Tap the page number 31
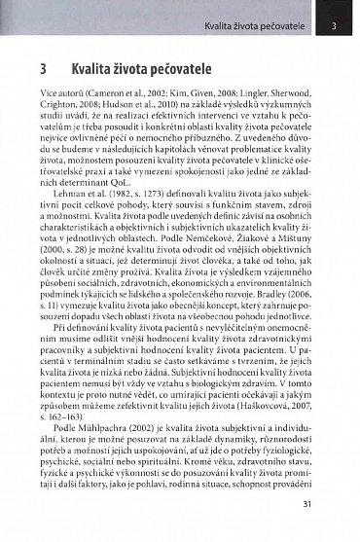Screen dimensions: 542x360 pyautogui.click(x=334, y=503)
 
